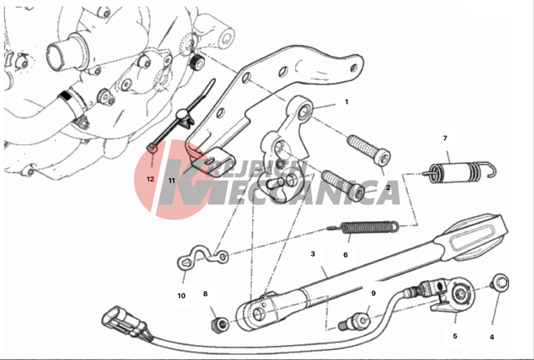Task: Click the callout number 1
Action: [x=346, y=102]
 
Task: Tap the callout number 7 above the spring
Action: [x=445, y=138]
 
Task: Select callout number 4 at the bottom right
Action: [x=491, y=337]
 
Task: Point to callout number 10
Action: [x=181, y=296]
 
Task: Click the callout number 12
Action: [x=150, y=179]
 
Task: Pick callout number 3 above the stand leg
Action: [x=312, y=254]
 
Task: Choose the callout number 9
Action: [x=373, y=293]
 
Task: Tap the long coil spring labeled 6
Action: [x=363, y=228]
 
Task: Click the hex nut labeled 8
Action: [x=219, y=325]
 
